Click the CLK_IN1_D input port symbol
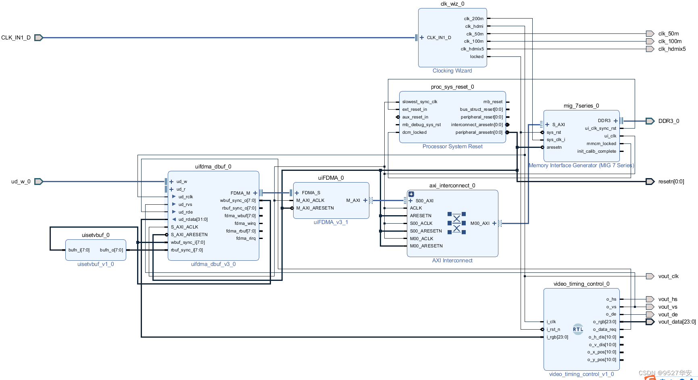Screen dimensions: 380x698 pyautogui.click(x=38, y=37)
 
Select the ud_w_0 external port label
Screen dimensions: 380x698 pyautogui.click(x=21, y=182)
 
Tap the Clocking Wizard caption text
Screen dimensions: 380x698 pyautogui.click(x=452, y=71)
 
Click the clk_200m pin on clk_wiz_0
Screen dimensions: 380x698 pyautogui.click(x=473, y=19)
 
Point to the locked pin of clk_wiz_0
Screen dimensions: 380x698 pyautogui.click(x=476, y=57)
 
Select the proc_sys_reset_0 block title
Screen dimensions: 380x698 pyautogui.click(x=452, y=87)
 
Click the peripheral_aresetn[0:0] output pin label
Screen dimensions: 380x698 pyautogui.click(x=479, y=133)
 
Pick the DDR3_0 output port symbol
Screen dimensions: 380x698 pyautogui.click(x=650, y=121)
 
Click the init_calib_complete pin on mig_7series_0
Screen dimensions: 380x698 pyautogui.click(x=596, y=152)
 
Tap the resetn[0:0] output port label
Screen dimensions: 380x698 pyautogui.click(x=671, y=182)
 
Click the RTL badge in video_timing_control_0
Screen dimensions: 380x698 pyautogui.click(x=578, y=329)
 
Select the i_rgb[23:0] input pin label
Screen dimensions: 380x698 pyautogui.click(x=557, y=337)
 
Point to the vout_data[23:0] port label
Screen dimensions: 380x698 pyautogui.click(x=677, y=322)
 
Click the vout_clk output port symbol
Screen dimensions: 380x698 pyautogui.click(x=650, y=276)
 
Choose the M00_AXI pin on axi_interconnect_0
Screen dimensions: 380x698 pyautogui.click(x=480, y=224)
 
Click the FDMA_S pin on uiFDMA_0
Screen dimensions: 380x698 pyautogui.click(x=311, y=193)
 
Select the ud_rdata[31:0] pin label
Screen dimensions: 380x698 pyautogui.click(x=193, y=220)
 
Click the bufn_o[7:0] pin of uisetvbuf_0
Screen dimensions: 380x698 pyautogui.click(x=111, y=250)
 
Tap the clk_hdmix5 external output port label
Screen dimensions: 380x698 pyautogui.click(x=672, y=49)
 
